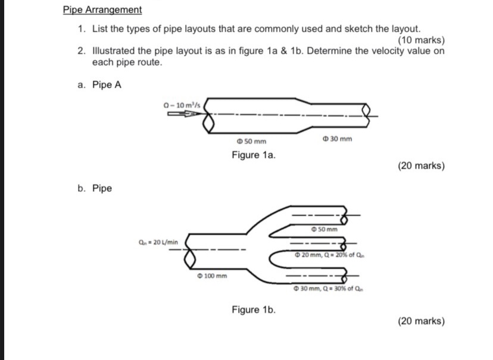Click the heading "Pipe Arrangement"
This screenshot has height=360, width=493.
[x=102, y=10]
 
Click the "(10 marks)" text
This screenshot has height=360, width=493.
[x=421, y=40]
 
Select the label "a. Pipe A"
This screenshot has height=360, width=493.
[x=99, y=84]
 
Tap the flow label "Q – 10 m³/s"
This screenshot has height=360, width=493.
[x=183, y=106]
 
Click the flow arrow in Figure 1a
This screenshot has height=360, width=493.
[x=185, y=115]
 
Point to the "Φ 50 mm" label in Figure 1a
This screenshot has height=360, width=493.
[x=251, y=142]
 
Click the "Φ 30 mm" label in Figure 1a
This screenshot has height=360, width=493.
[x=337, y=139]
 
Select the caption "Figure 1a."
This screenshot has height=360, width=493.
[x=254, y=156]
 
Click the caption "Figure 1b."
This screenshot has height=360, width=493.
[x=254, y=309]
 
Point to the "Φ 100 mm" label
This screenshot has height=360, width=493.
[x=211, y=276]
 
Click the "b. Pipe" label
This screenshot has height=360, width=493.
[x=95, y=189]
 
